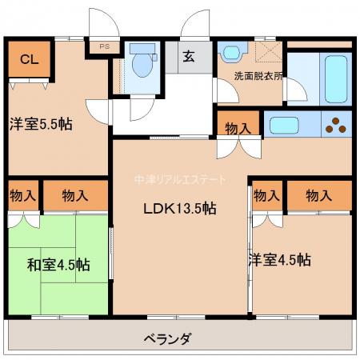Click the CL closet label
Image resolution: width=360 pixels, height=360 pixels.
coord(30,59)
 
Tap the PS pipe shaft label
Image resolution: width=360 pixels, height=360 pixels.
coord(105,46)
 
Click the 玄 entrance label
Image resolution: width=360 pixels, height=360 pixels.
coord(189,57)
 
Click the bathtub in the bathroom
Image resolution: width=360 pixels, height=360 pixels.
coord(336,79)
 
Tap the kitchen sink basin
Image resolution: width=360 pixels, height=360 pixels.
coord(284,125)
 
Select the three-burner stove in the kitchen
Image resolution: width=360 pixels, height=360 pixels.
coord(336,125)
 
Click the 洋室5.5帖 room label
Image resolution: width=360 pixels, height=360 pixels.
coord(41,124)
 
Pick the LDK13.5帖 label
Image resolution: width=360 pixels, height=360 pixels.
coord(180,209)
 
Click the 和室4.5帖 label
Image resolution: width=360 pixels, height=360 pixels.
coord(58,265)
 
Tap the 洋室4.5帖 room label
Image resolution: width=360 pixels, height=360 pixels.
coord(280,260)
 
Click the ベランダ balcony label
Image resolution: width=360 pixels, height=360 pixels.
coord(168,339)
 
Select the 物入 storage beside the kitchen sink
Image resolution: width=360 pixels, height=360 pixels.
coord(238,123)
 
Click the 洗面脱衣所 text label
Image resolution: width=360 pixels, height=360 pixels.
coord(258,76)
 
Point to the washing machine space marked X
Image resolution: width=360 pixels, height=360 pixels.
coord(269,52)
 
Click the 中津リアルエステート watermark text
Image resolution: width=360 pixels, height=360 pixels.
coord(180,180)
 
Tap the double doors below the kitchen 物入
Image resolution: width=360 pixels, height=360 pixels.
coord(239,147)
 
